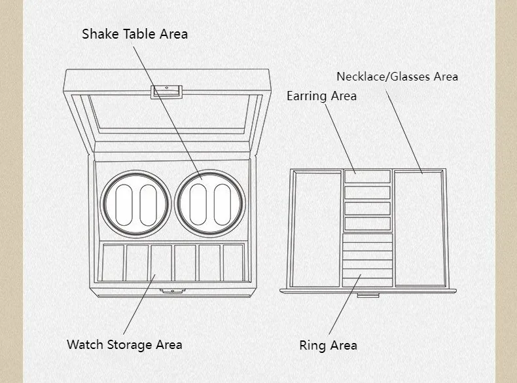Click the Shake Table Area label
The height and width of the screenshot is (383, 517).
point(135,33)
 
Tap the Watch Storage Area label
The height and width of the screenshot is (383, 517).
point(124,344)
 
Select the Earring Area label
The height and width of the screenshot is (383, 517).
point(321,96)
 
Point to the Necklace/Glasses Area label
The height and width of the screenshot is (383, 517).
point(397,77)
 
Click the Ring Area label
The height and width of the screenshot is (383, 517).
point(328,345)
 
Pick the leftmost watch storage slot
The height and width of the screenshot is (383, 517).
point(114,263)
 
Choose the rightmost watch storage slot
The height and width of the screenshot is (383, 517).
point(233,263)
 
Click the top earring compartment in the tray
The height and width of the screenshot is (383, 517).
point(367,177)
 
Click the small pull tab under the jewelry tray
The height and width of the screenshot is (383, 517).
point(368,295)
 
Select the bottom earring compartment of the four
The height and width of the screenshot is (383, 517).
point(367,224)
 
